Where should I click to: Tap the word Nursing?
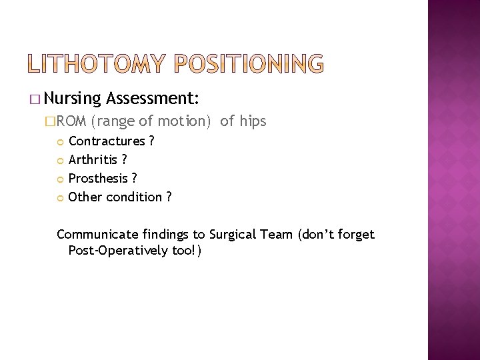pyautogui.click(x=74, y=99)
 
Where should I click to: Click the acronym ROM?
pyautogui.click(x=69, y=121)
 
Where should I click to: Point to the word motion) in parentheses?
pyautogui.click(x=183, y=121)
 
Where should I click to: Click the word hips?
pyautogui.click(x=252, y=121)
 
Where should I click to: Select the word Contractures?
pyautogui.click(x=107, y=141)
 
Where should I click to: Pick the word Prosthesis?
pyautogui.click(x=99, y=178)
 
